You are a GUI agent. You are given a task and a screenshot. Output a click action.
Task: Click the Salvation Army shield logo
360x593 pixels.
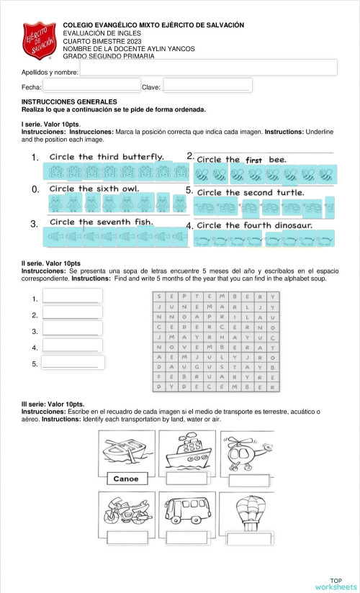coord(39,42)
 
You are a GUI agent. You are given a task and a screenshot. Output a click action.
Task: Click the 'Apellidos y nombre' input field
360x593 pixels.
coord(208,68)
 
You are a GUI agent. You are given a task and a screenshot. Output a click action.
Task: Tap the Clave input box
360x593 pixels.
coord(207,86)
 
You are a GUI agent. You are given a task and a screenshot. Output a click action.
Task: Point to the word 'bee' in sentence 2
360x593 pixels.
coord(277,159)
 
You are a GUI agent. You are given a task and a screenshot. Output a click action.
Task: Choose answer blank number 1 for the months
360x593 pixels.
coord(72,296)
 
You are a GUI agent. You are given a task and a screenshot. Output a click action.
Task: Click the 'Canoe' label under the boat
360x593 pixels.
coord(126,479)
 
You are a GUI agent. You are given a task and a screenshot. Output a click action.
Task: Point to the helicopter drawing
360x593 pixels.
coord(246,451)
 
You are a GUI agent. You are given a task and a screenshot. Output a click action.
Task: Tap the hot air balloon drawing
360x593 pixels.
coord(248,511)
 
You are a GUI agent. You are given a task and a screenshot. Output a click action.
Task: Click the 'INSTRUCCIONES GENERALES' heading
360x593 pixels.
coord(64,102)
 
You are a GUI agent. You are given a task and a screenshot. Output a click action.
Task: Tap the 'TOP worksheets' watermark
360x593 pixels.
coord(336,584)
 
